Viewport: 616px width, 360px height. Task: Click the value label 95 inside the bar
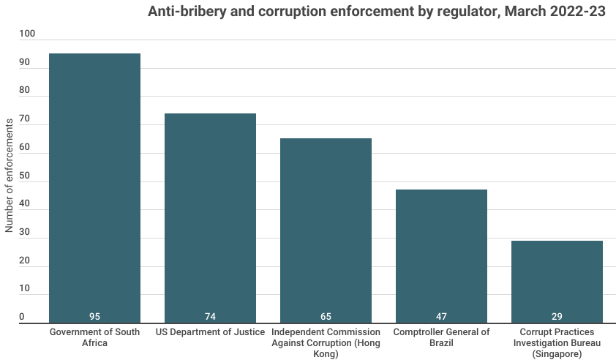(94, 317)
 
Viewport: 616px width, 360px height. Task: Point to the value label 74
(210, 317)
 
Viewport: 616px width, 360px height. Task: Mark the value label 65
(326, 317)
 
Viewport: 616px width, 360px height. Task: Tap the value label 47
(441, 317)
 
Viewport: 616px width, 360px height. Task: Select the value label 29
(557, 317)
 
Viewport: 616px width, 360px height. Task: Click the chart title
(377, 12)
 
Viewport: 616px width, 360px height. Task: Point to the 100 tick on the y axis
(26, 34)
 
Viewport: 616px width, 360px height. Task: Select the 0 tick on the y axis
(22, 318)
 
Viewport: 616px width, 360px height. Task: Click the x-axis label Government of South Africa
(94, 337)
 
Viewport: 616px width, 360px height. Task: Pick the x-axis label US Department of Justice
(210, 332)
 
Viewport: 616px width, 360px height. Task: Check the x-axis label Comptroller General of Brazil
(441, 337)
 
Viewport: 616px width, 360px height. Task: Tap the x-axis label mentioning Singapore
(557, 342)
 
